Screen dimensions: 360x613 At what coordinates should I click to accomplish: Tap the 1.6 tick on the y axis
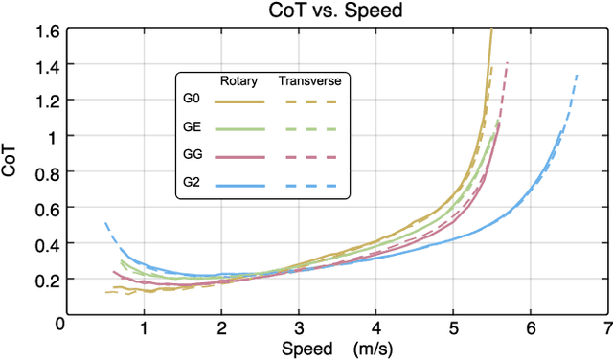(45, 30)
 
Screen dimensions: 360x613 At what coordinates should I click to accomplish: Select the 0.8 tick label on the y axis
(45, 171)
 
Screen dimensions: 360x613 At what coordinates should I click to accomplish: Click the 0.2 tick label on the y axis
(45, 279)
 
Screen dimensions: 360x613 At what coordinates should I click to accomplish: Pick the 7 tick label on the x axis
(607, 327)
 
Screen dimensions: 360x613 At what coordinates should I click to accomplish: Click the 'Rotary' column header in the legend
(238, 80)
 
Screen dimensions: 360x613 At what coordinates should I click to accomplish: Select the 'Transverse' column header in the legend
(309, 80)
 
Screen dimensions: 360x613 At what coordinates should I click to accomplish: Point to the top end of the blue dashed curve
(577, 74)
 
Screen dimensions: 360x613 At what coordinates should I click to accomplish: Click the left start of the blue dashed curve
(105, 224)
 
